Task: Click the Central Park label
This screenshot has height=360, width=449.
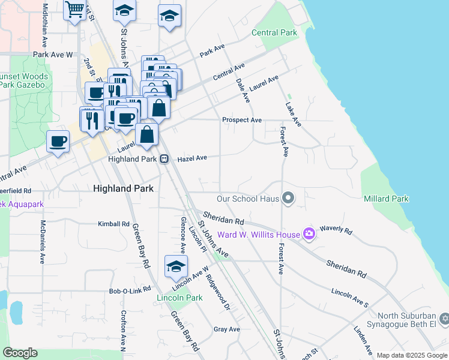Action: click(x=274, y=32)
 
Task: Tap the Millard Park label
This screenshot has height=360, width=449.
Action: click(x=386, y=199)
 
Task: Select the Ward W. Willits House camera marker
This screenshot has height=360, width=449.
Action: click(x=309, y=233)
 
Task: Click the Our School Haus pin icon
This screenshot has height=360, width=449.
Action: click(x=289, y=197)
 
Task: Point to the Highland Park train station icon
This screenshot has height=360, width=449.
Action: click(x=163, y=159)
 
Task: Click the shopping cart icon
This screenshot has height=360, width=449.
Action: click(x=74, y=10)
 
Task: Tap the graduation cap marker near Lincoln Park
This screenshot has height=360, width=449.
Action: click(x=176, y=267)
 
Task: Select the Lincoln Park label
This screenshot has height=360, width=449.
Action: click(x=179, y=298)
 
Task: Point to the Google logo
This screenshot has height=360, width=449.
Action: click(x=20, y=353)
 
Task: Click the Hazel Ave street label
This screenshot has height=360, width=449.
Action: click(x=192, y=158)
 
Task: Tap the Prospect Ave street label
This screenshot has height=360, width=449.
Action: click(x=242, y=120)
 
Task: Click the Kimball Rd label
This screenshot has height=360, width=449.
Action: click(x=114, y=224)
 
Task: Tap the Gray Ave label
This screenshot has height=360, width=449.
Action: click(x=227, y=329)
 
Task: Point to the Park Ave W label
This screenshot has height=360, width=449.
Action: click(x=53, y=55)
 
